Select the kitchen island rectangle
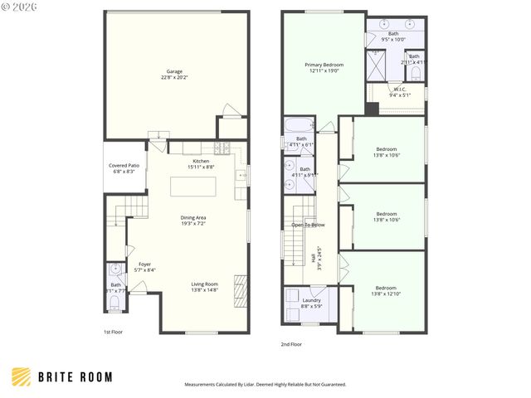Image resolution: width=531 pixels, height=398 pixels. pos(199,187)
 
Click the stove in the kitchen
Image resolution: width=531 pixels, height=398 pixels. pos(222,148)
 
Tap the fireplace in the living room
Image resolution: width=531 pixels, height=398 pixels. pos(241,291)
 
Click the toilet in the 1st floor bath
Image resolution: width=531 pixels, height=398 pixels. pos(115,303)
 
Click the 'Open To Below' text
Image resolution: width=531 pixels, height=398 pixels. pos(308,225)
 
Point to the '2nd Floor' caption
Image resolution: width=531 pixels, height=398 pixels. pos(290,343)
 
